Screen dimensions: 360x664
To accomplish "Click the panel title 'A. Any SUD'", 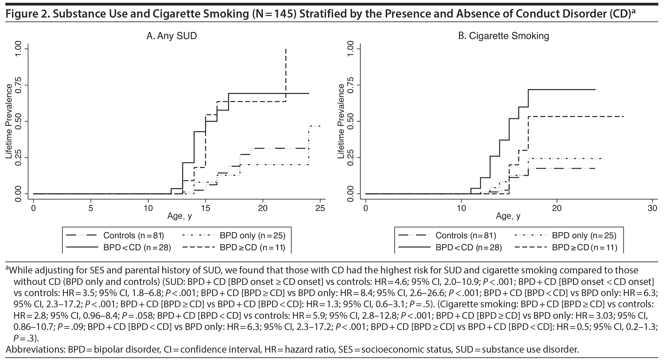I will point(172,36).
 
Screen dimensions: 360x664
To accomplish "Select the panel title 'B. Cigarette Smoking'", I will point(504,36).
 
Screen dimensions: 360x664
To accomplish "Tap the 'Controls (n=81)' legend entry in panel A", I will point(133,236).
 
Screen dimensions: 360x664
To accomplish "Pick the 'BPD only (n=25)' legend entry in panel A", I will point(252,236).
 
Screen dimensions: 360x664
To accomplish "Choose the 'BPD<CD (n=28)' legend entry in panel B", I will point(469,248).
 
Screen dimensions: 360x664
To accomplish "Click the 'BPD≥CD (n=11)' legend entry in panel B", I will point(584,248).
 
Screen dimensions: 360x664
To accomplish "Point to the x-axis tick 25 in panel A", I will point(320,208).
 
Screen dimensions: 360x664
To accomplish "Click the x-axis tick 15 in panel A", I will point(205,208).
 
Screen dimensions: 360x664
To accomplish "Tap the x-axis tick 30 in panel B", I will point(652,208).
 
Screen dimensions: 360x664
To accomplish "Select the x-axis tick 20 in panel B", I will point(557,208).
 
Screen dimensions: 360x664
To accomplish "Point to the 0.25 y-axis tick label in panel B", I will point(350,157).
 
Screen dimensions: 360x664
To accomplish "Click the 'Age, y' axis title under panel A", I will point(179,216).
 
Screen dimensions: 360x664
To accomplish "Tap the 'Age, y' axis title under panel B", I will point(508,216).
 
